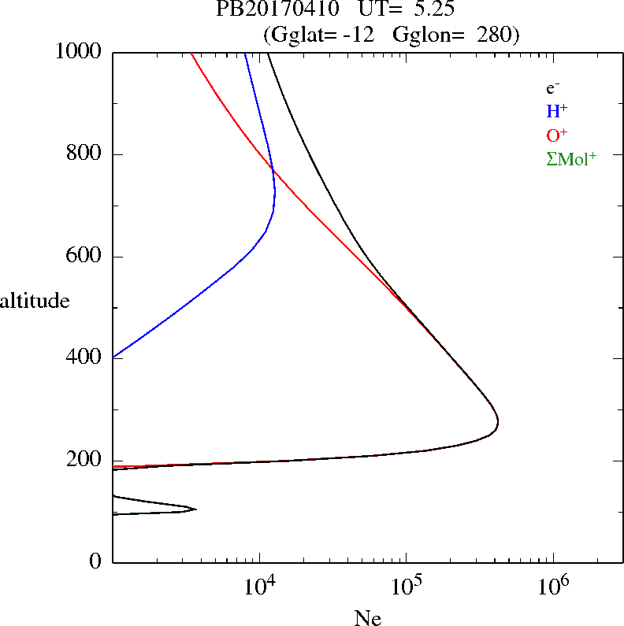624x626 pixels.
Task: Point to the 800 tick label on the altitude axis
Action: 86,154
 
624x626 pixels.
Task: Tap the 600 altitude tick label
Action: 86,257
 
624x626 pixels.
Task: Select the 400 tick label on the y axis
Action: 86,358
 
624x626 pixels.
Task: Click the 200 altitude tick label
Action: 86,461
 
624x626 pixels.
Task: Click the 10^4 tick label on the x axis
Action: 259,585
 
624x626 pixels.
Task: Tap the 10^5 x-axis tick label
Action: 406,585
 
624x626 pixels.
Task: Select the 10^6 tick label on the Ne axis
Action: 552,585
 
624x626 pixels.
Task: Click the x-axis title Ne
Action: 367,617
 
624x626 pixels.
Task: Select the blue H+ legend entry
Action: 556,111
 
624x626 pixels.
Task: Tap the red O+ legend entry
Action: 556,135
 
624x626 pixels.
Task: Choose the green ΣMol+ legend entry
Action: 571,158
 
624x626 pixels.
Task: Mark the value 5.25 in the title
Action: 429,10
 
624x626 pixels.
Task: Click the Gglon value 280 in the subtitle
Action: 497,35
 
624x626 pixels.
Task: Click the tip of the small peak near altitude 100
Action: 195,509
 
